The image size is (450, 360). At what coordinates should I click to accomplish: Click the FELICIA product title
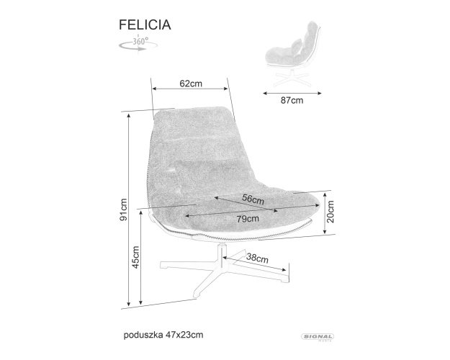145,24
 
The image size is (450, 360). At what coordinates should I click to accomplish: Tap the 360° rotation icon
138,44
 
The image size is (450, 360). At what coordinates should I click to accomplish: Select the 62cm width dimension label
191,84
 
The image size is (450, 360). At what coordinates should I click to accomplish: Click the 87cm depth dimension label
292,101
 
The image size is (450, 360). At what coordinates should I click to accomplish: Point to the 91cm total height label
123,210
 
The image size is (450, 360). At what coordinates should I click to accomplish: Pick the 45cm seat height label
135,257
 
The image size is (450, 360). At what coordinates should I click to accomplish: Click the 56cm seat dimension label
253,199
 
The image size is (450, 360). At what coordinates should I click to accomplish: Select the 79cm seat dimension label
248,219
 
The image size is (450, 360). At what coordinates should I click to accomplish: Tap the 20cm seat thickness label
330,212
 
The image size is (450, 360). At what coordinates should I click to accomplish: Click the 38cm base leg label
258,258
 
